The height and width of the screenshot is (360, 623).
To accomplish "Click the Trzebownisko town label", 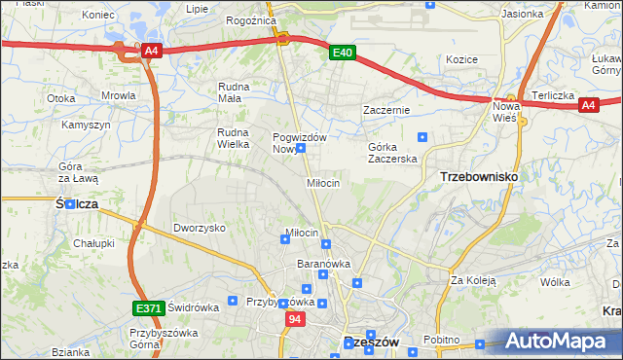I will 479,176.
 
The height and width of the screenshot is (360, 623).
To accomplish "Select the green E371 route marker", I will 147,308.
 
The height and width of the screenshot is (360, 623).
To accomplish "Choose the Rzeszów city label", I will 373,342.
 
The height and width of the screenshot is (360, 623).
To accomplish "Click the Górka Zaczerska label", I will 392,153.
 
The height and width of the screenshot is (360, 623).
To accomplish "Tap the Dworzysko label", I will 200,228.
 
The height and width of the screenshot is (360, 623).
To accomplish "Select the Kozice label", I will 461,59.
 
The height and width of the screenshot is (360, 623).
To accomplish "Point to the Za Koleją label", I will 473,280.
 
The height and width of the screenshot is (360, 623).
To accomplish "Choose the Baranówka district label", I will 323,264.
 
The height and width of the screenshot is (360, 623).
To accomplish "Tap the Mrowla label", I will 118,96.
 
